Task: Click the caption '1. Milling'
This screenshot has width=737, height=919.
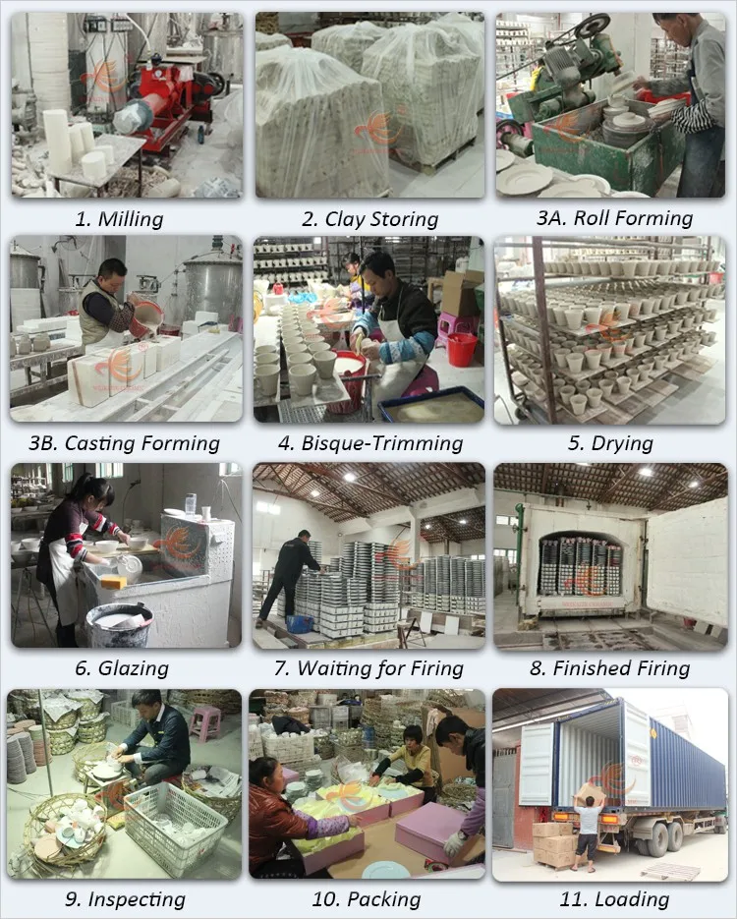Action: click(120, 219)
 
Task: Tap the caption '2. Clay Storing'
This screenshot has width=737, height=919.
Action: click(369, 219)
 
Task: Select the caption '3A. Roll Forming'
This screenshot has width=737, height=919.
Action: click(614, 218)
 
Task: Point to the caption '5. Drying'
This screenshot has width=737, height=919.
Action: click(610, 443)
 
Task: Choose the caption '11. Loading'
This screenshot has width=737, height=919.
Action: click(614, 899)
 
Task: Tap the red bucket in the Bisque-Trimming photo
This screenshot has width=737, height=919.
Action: click(462, 349)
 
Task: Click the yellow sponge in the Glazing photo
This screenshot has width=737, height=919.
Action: click(114, 582)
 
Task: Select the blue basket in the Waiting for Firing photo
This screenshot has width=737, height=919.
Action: click(300, 623)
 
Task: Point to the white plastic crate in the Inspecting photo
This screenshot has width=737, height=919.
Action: click(175, 827)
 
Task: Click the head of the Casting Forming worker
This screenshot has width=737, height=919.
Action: click(111, 275)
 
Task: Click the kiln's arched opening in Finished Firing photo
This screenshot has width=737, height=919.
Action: click(581, 562)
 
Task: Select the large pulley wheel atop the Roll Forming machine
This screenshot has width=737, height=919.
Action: click(592, 27)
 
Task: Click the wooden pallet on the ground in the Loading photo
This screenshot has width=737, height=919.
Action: click(669, 872)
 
